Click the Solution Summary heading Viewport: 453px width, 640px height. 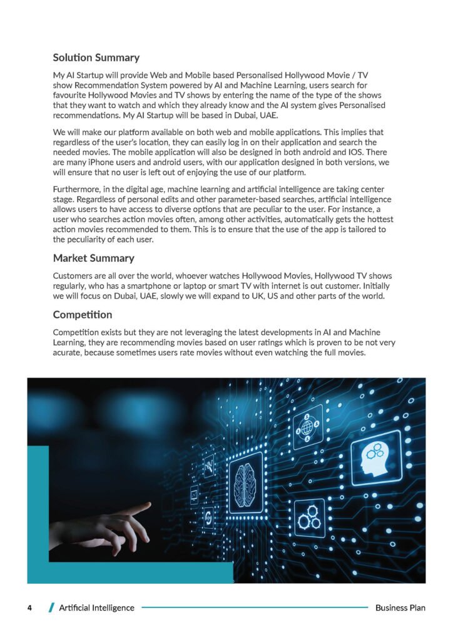(96, 57)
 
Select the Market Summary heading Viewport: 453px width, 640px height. (93, 257)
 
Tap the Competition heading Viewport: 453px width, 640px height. (83, 314)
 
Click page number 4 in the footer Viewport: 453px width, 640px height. (29, 607)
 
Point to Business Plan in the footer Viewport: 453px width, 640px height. (400, 607)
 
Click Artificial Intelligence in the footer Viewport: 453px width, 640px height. (96, 607)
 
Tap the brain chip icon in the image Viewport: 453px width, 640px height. (245, 482)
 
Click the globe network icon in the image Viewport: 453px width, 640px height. (308, 427)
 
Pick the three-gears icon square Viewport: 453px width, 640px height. (309, 519)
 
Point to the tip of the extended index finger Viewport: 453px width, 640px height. (150, 504)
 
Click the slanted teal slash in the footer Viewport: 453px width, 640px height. (51, 607)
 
